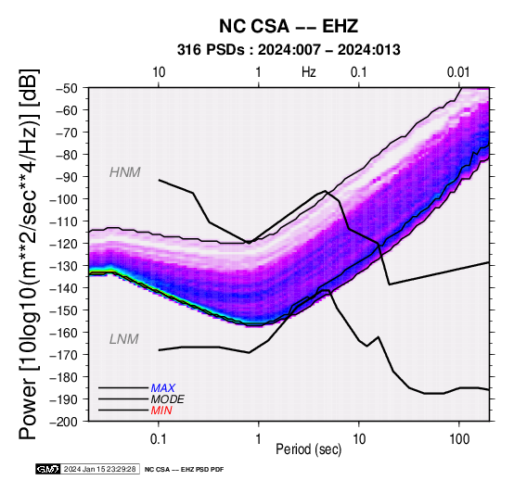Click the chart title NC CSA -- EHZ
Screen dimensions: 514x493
click(289, 26)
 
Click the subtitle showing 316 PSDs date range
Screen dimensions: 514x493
click(289, 50)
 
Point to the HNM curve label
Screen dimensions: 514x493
click(125, 172)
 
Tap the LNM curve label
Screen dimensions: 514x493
click(124, 339)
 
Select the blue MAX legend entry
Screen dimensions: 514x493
click(163, 388)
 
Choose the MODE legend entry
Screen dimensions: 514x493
click(168, 399)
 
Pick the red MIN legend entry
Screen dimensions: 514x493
click(161, 411)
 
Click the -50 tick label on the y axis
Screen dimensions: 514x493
click(67, 88)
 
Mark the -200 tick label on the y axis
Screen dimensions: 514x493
click(64, 422)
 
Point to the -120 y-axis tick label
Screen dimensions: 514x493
click(64, 244)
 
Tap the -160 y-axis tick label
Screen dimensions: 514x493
click(64, 333)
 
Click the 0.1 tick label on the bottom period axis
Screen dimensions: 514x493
click(159, 439)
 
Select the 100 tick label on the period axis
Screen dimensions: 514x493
click(459, 439)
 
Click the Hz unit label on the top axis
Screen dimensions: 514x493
click(309, 72)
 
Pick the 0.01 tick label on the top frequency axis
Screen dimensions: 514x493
click(458, 72)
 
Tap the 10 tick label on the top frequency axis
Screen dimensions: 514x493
click(159, 72)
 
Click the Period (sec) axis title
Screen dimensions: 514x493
click(309, 449)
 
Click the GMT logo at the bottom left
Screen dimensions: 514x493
click(48, 470)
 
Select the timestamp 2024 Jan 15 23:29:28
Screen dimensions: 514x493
click(99, 470)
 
